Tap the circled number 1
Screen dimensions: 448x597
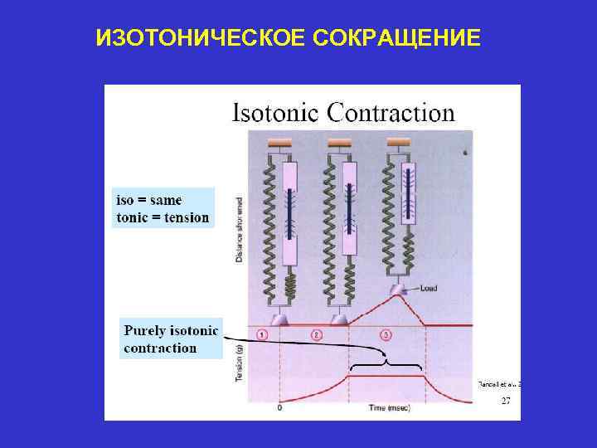click(262, 335)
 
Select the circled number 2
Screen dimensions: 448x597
click(317, 335)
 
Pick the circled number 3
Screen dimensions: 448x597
click(386, 335)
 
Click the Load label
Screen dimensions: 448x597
click(428, 289)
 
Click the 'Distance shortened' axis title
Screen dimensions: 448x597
click(239, 229)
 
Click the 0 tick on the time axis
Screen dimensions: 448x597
click(279, 407)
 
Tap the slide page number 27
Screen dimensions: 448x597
click(505, 401)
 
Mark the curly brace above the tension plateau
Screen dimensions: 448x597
click(386, 363)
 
